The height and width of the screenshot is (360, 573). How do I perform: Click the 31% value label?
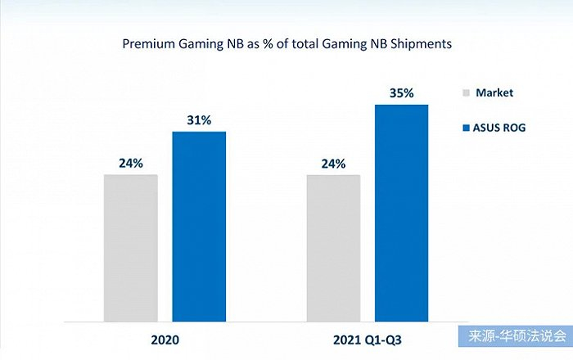(x=199, y=119)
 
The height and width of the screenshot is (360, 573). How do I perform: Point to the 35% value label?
(x=401, y=93)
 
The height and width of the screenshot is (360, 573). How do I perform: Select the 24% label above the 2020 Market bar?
(x=131, y=163)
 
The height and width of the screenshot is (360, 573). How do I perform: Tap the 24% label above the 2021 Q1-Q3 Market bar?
(x=333, y=163)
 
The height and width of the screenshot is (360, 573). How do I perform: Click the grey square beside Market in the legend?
(x=466, y=93)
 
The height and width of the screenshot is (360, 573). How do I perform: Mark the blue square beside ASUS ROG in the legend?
(x=466, y=128)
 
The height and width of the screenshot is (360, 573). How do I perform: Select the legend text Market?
(x=494, y=93)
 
